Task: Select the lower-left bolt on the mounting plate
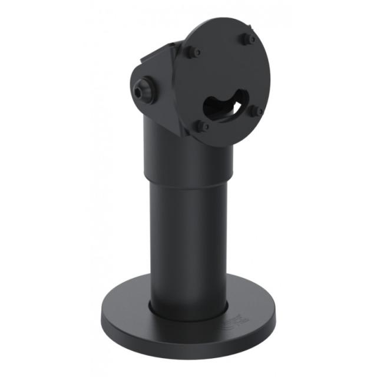click(x=202, y=125)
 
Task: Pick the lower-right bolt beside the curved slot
click(x=256, y=110)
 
